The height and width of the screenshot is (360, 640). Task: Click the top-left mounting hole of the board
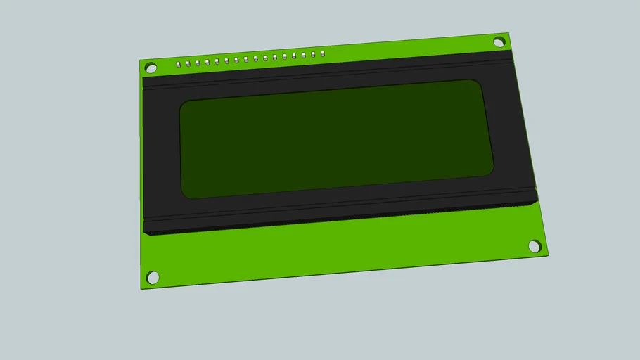point(150,68)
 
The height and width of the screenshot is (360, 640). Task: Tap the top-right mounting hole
point(499,42)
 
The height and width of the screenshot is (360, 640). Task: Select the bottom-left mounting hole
point(153,277)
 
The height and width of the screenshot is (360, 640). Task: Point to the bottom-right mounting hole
point(535,246)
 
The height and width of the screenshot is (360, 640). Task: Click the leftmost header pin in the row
point(179,63)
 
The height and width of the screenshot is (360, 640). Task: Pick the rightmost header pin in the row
point(322,53)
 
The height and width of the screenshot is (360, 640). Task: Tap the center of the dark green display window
point(336,139)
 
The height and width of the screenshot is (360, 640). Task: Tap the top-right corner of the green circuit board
point(509,32)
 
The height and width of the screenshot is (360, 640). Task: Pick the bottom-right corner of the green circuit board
point(549,255)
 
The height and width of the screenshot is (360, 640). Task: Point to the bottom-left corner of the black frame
point(145,233)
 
